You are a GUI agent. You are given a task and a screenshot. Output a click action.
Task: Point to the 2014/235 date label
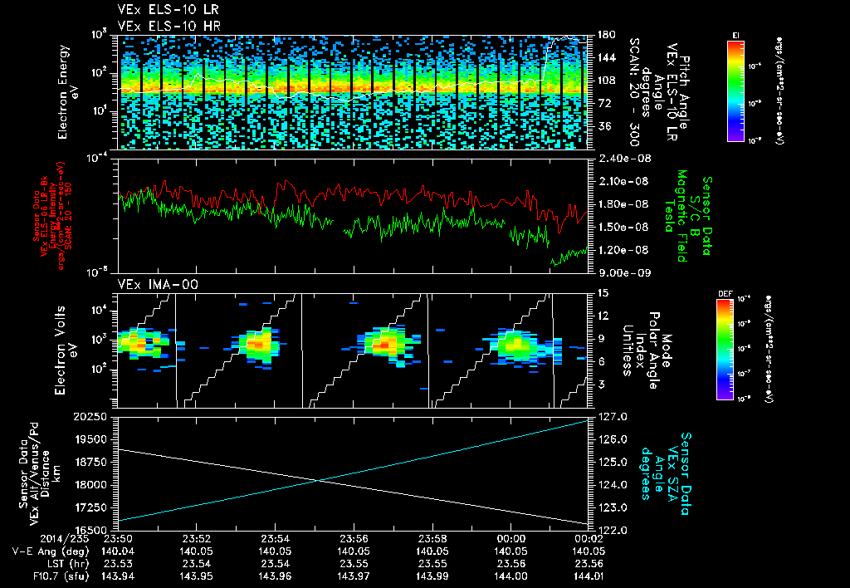[x=37, y=537]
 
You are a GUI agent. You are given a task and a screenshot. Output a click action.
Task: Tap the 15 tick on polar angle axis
[x=602, y=292]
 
